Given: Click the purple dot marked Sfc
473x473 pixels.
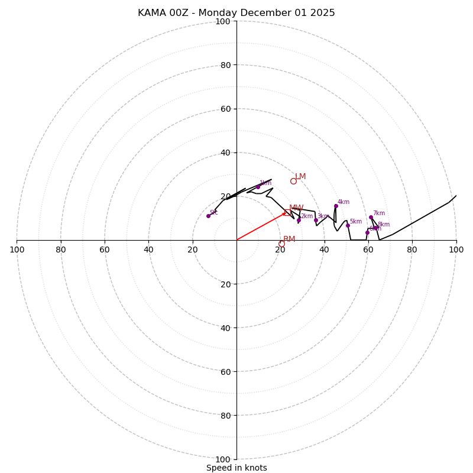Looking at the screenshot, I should (x=208, y=216).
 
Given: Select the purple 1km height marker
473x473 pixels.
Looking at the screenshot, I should (x=258, y=187).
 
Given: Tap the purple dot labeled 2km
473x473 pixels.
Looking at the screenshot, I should (x=299, y=220).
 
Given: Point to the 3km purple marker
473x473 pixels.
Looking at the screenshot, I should (x=316, y=220).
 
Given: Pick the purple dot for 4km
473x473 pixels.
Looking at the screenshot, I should (x=336, y=206).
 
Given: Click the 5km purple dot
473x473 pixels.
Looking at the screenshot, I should (x=348, y=225).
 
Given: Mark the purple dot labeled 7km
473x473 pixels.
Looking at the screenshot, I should (x=371, y=217).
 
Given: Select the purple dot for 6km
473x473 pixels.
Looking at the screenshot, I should (x=367, y=232).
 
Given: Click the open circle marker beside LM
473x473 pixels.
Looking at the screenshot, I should (x=293, y=181).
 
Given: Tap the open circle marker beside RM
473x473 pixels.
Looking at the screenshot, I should (x=281, y=244).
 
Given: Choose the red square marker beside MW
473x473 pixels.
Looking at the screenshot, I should (x=287, y=212).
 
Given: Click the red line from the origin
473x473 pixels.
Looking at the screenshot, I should (x=260, y=226).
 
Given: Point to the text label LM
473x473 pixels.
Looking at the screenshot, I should (x=301, y=177).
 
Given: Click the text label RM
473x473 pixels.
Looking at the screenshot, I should (x=289, y=239).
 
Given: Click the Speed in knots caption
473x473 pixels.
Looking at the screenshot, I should (x=237, y=468).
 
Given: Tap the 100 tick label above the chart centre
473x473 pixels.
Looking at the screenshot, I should (x=223, y=21).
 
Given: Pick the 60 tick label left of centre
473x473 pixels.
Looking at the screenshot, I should (x=105, y=250).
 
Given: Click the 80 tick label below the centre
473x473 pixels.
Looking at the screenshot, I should (x=223, y=415).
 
